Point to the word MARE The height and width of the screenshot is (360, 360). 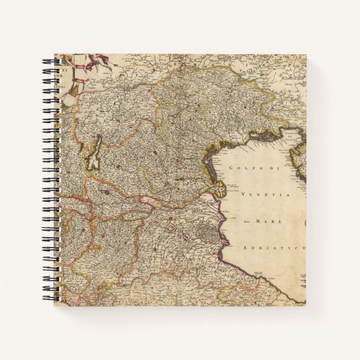(266, 221)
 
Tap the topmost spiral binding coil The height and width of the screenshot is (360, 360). (46, 60)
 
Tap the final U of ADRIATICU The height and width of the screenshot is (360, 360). (302, 247)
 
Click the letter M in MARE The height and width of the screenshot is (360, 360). (258, 221)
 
